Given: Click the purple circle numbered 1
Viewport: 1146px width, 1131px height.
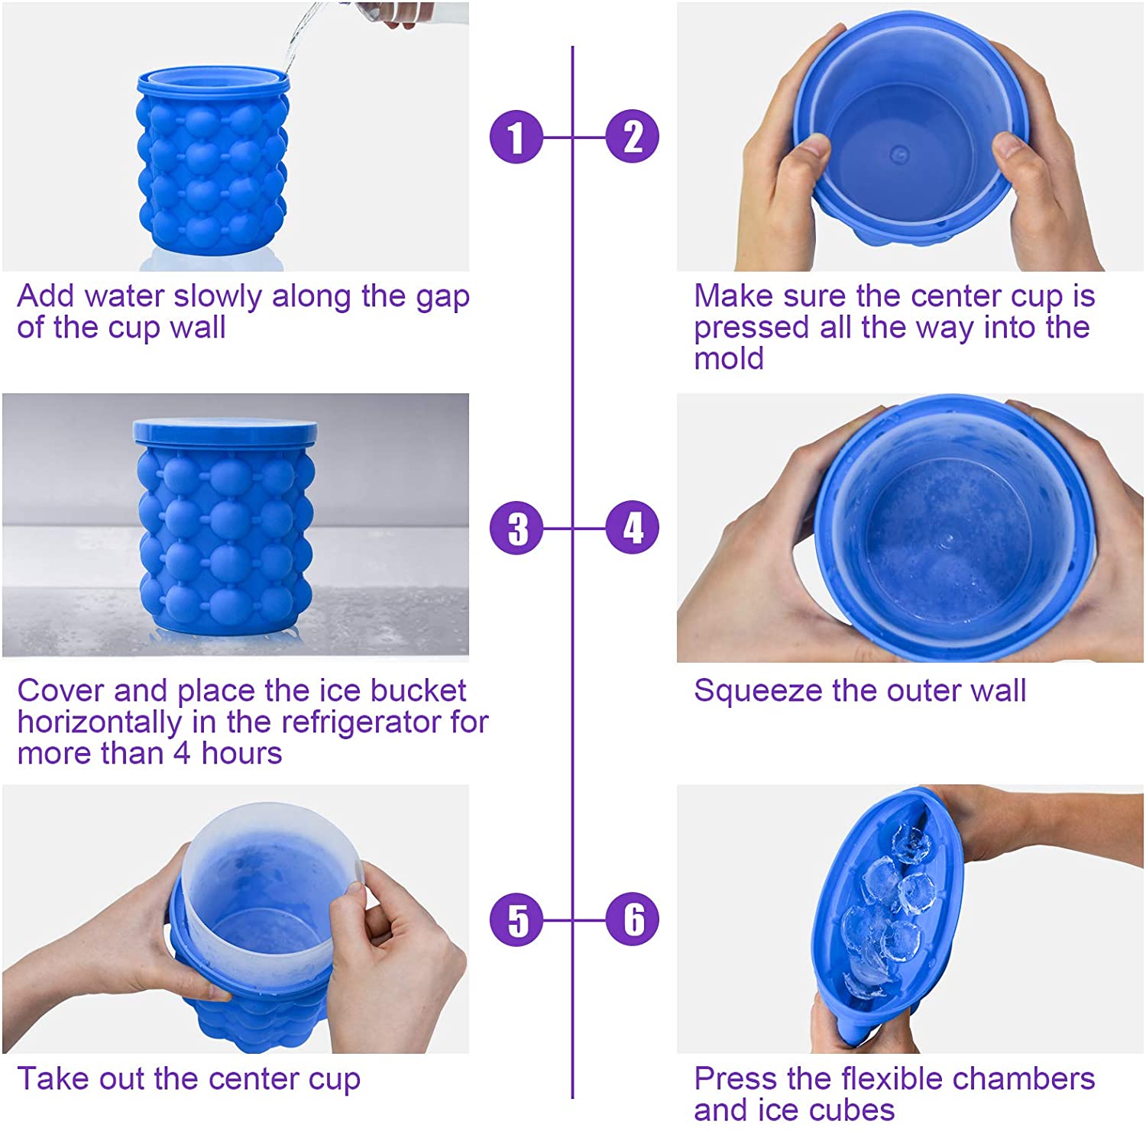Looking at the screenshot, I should (516, 137).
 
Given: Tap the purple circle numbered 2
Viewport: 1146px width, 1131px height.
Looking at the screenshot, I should (632, 137).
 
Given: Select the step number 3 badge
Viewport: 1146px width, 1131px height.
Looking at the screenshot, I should (516, 528).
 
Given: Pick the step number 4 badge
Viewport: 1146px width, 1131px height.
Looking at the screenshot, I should (632, 528).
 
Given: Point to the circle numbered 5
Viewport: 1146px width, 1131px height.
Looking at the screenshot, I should (516, 919).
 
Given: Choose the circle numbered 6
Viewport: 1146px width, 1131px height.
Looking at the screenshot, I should (632, 919).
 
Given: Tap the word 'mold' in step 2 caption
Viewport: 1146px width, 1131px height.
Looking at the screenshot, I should (728, 358).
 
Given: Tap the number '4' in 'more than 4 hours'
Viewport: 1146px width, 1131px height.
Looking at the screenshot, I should (181, 753).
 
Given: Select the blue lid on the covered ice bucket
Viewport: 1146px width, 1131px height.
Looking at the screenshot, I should (225, 431).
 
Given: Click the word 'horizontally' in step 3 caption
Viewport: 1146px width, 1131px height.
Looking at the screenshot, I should (99, 722).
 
